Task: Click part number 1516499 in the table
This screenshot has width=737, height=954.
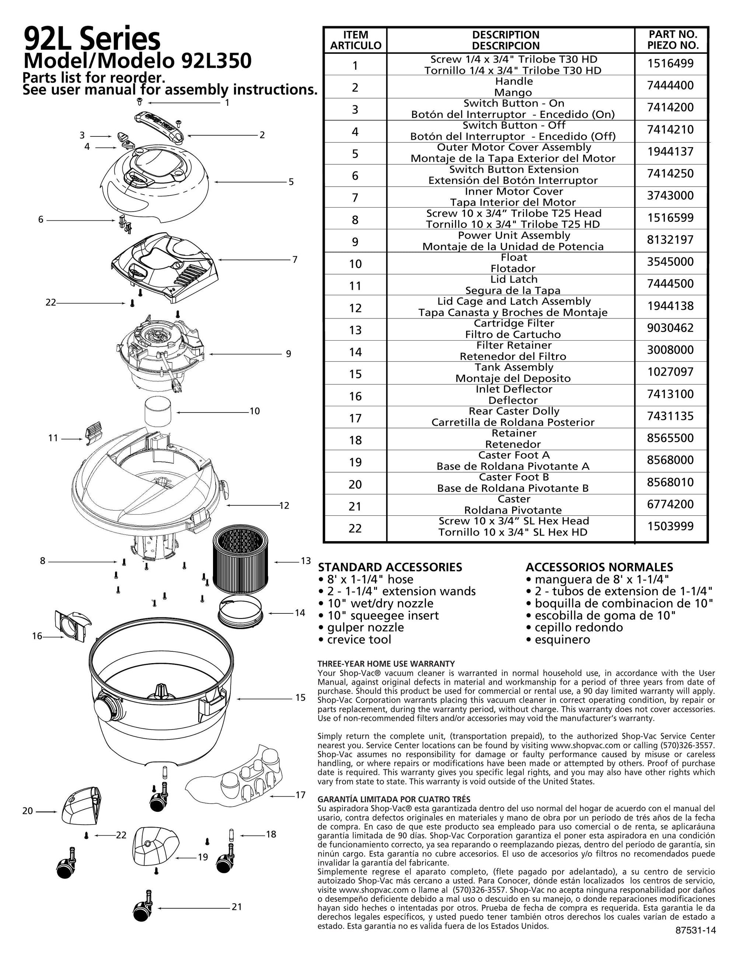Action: pos(670,64)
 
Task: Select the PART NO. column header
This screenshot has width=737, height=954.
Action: pos(673,40)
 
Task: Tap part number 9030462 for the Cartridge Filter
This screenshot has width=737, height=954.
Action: pos(670,328)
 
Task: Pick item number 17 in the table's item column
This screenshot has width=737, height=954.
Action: pos(355,418)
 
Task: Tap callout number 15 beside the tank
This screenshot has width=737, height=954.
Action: pos(300,697)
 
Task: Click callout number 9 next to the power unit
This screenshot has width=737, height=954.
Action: pos(289,354)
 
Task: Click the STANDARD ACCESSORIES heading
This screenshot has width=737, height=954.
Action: pos(390,567)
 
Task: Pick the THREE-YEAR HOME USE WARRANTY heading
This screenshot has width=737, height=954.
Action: pos(386,664)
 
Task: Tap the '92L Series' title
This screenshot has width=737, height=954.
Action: pos(92,39)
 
